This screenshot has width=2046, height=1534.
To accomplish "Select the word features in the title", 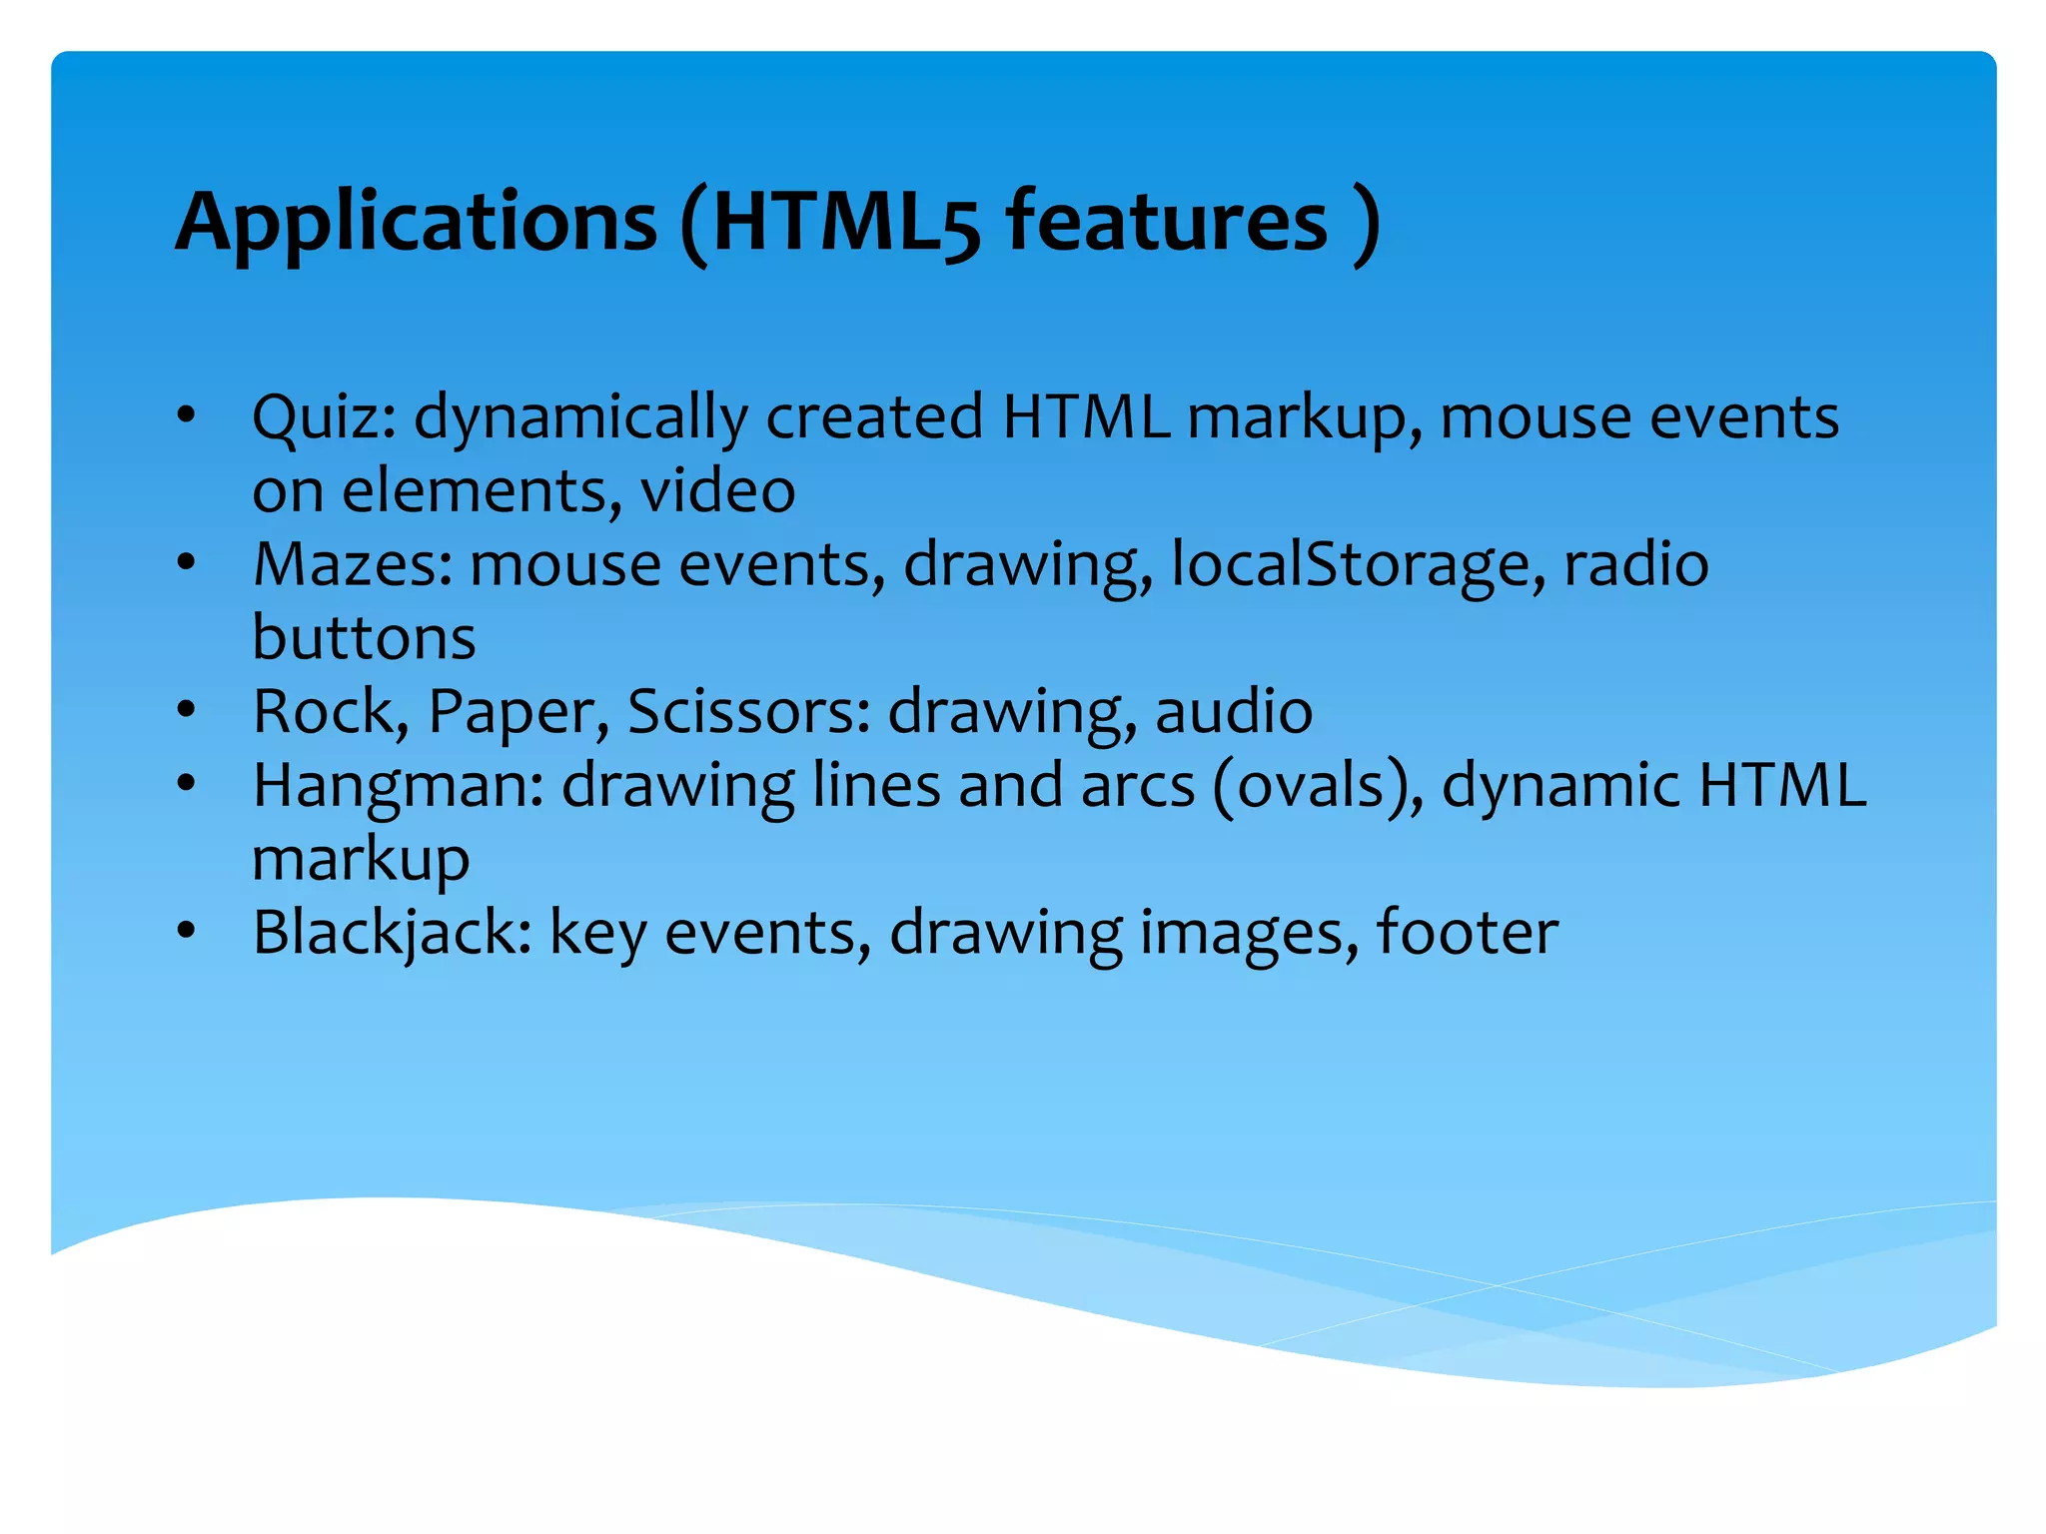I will (x=1167, y=222).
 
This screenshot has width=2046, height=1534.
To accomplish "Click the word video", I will (x=717, y=490).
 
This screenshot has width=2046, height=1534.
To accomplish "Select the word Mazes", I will (x=353, y=564).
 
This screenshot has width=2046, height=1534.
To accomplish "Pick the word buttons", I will (x=364, y=637).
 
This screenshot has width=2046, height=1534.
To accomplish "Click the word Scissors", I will (x=748, y=712).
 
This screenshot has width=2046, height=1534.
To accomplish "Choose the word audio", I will (x=1234, y=711).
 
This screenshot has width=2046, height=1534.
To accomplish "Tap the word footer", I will (x=1467, y=933).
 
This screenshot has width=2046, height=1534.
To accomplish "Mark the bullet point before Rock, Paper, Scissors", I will (x=186, y=710).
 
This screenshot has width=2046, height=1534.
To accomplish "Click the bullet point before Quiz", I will (x=186, y=415).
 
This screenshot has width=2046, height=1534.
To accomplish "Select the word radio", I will (x=1635, y=564).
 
